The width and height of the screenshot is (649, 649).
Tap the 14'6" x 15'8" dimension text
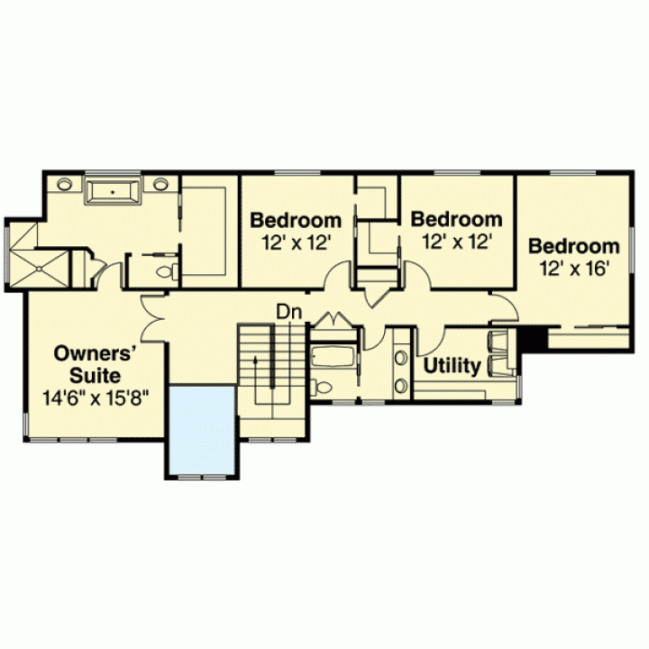pos(96,399)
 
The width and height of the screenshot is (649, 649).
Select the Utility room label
pos(452,366)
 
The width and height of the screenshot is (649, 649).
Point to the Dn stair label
pos(289,312)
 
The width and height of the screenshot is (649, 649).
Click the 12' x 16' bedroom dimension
pos(573,269)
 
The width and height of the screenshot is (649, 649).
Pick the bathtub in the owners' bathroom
pos(113,190)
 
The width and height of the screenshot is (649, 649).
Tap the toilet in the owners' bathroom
pos(168,272)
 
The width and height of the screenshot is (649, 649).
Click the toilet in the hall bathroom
pos(321,387)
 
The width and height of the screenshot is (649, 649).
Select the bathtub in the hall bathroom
pos(333,357)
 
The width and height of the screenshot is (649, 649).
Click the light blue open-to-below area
pos(202,431)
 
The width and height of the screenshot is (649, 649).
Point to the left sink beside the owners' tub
pos(65,184)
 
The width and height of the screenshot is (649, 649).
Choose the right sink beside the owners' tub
pos(160,184)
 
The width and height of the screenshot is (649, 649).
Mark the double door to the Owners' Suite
pos(153,319)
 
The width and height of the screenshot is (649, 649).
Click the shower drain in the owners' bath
pos(39,269)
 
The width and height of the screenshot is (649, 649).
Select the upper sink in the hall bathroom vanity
pos(400,358)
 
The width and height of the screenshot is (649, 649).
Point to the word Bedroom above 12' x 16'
pos(573,246)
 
